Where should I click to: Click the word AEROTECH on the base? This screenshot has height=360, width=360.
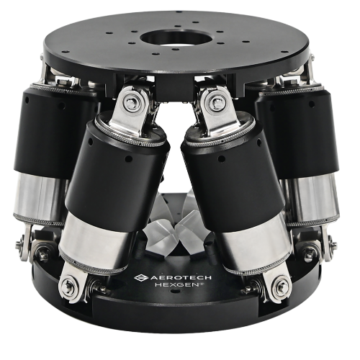point(181,277)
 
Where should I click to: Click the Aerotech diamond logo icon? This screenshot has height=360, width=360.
point(142,278)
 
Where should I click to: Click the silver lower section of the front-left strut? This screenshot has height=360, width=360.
point(96,243)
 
